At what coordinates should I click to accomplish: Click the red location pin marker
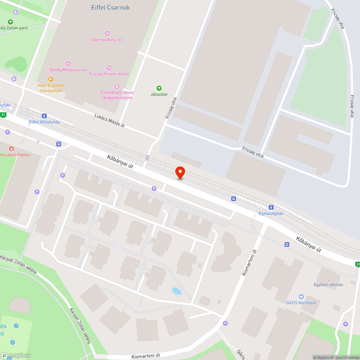click(180, 172)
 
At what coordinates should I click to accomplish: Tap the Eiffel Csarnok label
click(111, 8)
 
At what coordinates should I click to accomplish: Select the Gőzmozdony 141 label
click(107, 40)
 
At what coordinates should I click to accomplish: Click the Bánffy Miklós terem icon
click(68, 64)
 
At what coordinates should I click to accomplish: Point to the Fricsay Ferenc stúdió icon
click(109, 68)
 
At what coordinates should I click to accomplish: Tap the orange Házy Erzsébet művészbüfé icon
click(50, 79)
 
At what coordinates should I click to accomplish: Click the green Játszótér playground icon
click(159, 88)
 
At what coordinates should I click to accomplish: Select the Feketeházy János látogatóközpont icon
click(117, 86)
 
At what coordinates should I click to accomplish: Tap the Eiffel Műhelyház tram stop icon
click(44, 116)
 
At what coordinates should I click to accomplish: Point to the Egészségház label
click(271, 213)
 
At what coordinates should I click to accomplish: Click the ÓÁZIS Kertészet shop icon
click(301, 297)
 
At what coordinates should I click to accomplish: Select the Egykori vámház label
click(328, 284)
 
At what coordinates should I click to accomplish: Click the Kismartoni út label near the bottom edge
click(145, 356)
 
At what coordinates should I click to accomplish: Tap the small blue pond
click(176, 291)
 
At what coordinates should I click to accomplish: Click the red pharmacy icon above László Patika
click(12, 149)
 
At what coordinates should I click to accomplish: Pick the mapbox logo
click(16, 355)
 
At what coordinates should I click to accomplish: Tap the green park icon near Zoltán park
click(10, 22)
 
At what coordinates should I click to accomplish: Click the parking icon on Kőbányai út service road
click(154, 188)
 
